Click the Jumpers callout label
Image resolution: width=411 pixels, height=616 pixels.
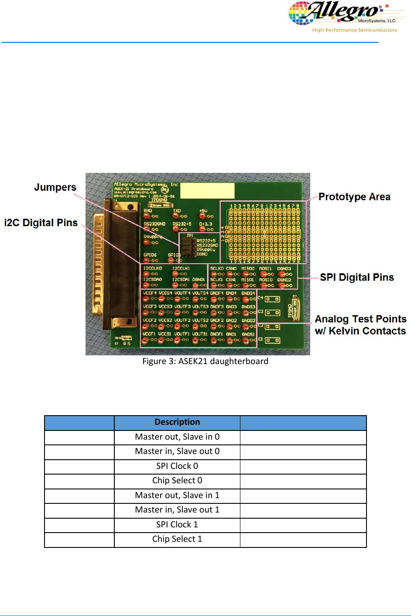tap(55, 187)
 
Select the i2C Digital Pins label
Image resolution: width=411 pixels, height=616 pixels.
tap(41, 223)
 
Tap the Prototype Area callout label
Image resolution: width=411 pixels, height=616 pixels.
tap(354, 197)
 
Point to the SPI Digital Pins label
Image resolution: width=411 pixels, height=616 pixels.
tap(356, 278)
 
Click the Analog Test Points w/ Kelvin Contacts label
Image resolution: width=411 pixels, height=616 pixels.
tap(360, 325)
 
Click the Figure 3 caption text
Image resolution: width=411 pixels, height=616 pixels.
tap(205, 361)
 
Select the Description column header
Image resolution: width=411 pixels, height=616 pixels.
tap(177, 422)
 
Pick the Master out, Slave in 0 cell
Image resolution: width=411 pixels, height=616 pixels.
tap(177, 437)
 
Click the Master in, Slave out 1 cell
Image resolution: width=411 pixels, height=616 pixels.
tap(177, 510)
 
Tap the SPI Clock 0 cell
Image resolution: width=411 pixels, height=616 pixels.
tap(177, 466)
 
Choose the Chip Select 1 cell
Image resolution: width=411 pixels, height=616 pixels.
tap(177, 539)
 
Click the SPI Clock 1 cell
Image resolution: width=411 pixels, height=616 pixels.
tap(177, 524)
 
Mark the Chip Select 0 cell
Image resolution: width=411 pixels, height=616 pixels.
tap(177, 481)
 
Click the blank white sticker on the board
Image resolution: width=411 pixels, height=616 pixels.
tap(207, 191)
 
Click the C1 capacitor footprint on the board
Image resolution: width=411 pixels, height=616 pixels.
tap(272, 340)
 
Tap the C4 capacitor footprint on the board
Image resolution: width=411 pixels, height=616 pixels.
tap(272, 299)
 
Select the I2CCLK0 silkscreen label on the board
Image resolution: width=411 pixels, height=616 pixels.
tap(153, 268)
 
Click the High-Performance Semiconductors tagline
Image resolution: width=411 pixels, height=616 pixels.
tap(354, 30)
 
